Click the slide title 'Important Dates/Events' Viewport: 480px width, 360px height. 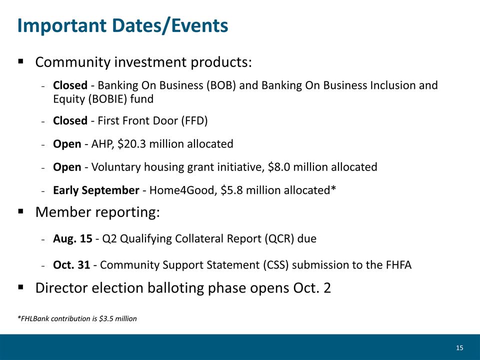(x=123, y=25)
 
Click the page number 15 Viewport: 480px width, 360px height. (x=459, y=348)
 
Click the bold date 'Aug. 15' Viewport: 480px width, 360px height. (x=72, y=238)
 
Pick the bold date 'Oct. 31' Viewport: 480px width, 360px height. (x=71, y=265)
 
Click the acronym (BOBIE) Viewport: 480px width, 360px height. (x=107, y=99)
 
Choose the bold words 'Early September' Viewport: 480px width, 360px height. (x=96, y=190)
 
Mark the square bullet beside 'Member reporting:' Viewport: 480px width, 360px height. (x=21, y=211)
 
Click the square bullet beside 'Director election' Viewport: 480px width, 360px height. (x=21, y=287)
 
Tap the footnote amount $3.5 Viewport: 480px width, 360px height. (x=106, y=318)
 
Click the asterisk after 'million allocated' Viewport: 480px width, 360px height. (x=333, y=187)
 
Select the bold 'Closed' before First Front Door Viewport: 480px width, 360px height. (x=70, y=120)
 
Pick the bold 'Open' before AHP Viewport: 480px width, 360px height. (x=67, y=144)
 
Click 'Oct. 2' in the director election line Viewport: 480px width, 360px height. (x=312, y=288)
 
